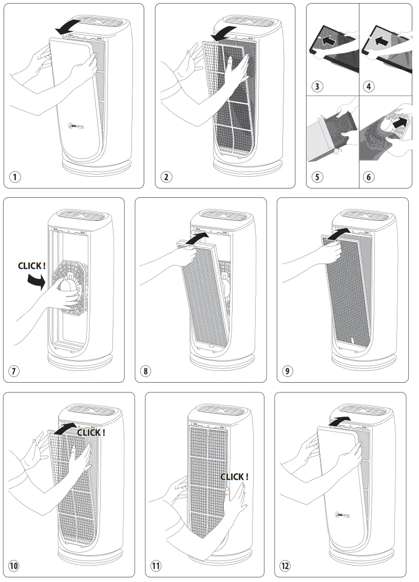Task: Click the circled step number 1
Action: click(x=15, y=177)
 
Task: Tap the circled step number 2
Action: click(x=166, y=177)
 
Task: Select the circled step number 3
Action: click(x=318, y=86)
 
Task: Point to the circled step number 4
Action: click(x=369, y=86)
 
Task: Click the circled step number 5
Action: click(x=318, y=177)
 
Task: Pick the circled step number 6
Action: click(x=369, y=177)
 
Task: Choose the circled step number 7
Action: click(x=15, y=371)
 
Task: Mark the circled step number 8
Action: click(x=147, y=371)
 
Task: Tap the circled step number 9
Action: click(x=289, y=371)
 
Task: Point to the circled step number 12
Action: click(x=285, y=566)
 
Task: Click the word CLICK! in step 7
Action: click(x=32, y=266)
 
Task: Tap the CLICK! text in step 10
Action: click(x=91, y=433)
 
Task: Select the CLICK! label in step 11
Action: click(x=234, y=477)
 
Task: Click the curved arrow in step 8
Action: click(x=198, y=237)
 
